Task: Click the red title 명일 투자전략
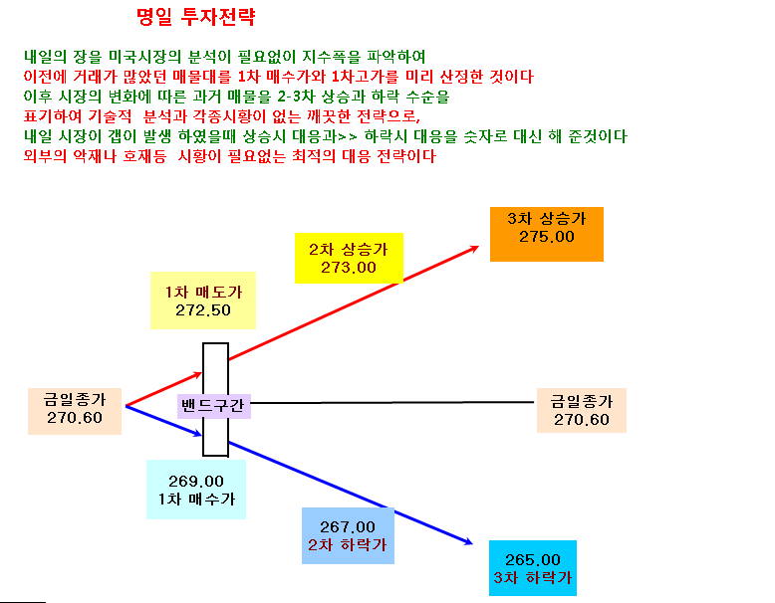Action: point(195,17)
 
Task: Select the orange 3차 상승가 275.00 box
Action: point(547,234)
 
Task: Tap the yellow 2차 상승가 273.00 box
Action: point(349,258)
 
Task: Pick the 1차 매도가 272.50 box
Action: point(203,301)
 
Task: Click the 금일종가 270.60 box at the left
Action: point(75,411)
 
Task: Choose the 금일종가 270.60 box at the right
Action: point(582,410)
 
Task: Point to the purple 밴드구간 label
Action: point(213,406)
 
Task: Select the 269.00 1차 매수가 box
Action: point(196,490)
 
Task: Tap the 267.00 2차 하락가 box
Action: point(348,535)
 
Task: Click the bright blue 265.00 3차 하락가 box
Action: point(533,568)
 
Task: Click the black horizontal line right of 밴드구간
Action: point(392,402)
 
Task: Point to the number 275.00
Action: point(547,237)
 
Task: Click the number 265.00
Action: point(533,559)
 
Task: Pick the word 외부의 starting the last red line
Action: point(45,156)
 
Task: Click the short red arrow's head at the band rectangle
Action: point(199,375)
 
